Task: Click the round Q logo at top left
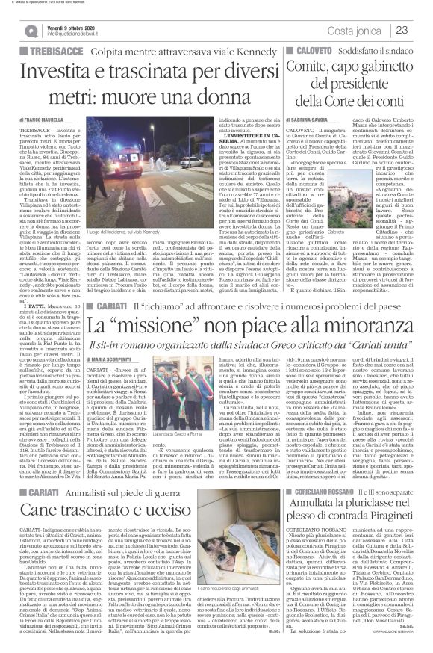[29, 29]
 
